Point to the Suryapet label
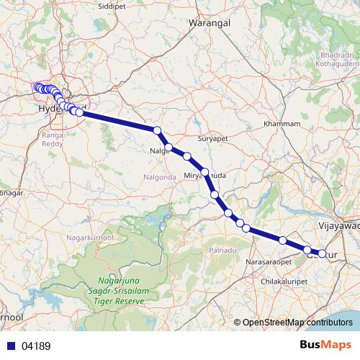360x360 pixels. [x=212, y=136]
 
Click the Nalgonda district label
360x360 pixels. [x=161, y=176]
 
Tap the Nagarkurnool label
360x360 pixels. [x=90, y=236]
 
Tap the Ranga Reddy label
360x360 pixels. [x=53, y=139]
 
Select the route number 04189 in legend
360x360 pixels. [x=36, y=346]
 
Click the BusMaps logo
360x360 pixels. [x=325, y=345]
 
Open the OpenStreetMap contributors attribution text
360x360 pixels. [x=297, y=323]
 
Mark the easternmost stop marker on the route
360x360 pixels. [x=322, y=253]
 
